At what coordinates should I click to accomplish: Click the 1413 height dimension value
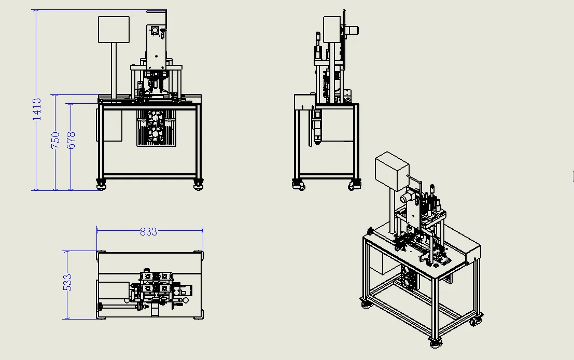click(37, 109)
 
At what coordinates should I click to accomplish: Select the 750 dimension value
click(55, 140)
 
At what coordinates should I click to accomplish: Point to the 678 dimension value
click(71, 140)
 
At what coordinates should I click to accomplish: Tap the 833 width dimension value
click(148, 231)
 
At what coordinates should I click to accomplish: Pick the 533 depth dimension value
click(67, 282)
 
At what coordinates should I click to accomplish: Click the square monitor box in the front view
click(114, 29)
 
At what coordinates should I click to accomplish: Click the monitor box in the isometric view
click(391, 171)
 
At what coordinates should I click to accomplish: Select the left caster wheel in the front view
click(101, 184)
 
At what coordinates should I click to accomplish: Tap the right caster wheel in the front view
click(198, 184)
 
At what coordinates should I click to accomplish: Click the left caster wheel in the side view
click(298, 184)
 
